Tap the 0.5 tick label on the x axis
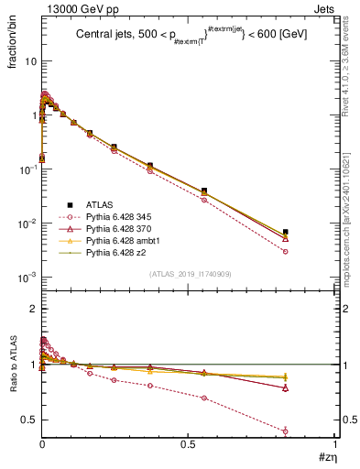click(187, 445)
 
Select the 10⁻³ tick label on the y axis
click(27, 278)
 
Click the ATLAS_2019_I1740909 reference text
click(183, 274)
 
